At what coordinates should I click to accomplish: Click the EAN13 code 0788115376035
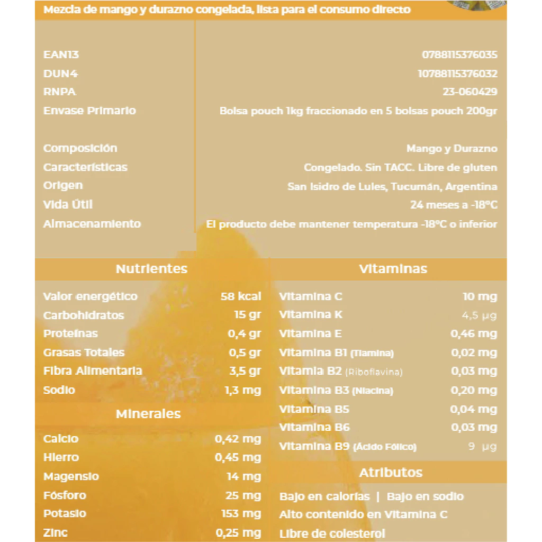pyautogui.click(x=459, y=55)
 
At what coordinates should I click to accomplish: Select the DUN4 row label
pyautogui.click(x=61, y=74)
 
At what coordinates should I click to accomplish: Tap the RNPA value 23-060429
pyautogui.click(x=469, y=92)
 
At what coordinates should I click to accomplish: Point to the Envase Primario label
pyautogui.click(x=89, y=111)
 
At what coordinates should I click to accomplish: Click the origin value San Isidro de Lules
pyautogui.click(x=392, y=186)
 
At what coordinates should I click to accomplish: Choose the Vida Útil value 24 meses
pyautogui.click(x=454, y=205)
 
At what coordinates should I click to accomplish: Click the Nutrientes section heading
pyautogui.click(x=151, y=269)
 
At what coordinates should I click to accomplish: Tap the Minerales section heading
pyautogui.click(x=148, y=414)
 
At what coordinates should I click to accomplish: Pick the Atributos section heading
pyautogui.click(x=391, y=472)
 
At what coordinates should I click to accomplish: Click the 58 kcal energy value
pyautogui.click(x=241, y=296)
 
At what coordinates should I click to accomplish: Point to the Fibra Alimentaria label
pyautogui.click(x=93, y=371)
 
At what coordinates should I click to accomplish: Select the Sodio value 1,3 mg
pyautogui.click(x=242, y=391)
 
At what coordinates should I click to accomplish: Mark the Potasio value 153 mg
pyautogui.click(x=241, y=514)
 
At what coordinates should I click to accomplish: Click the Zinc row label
pyautogui.click(x=56, y=532)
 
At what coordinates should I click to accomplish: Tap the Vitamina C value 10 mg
pyautogui.click(x=480, y=296)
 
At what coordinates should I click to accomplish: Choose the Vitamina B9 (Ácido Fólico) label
pyautogui.click(x=348, y=447)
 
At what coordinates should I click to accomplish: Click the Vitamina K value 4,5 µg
pyautogui.click(x=480, y=315)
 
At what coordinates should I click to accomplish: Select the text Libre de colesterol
pyautogui.click(x=332, y=534)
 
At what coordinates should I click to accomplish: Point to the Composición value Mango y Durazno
pyautogui.click(x=451, y=149)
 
